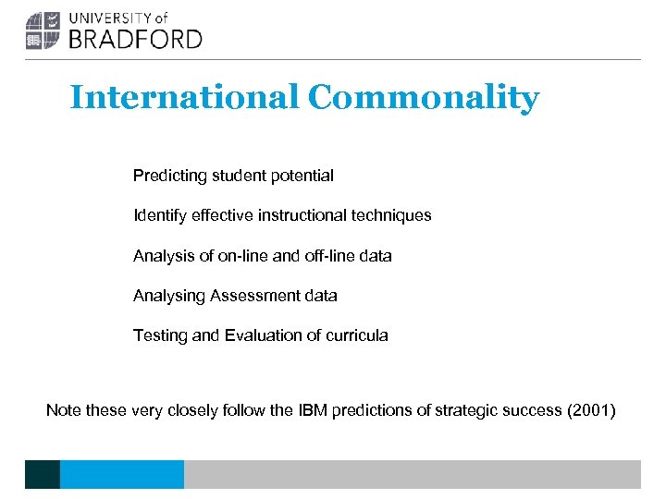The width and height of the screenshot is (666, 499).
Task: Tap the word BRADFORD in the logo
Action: click(x=135, y=38)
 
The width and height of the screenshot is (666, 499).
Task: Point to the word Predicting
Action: click(x=167, y=176)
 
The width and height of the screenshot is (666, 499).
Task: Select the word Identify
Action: click(x=160, y=215)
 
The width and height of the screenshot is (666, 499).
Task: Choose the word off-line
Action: click(x=325, y=256)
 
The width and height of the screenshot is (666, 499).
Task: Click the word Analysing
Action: click(x=169, y=296)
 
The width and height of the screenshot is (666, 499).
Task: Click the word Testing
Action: click(x=160, y=335)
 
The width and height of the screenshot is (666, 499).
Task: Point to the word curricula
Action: click(x=355, y=335)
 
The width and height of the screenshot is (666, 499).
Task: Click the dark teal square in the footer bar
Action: click(x=42, y=474)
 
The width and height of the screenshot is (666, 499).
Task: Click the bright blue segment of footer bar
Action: click(x=121, y=474)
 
